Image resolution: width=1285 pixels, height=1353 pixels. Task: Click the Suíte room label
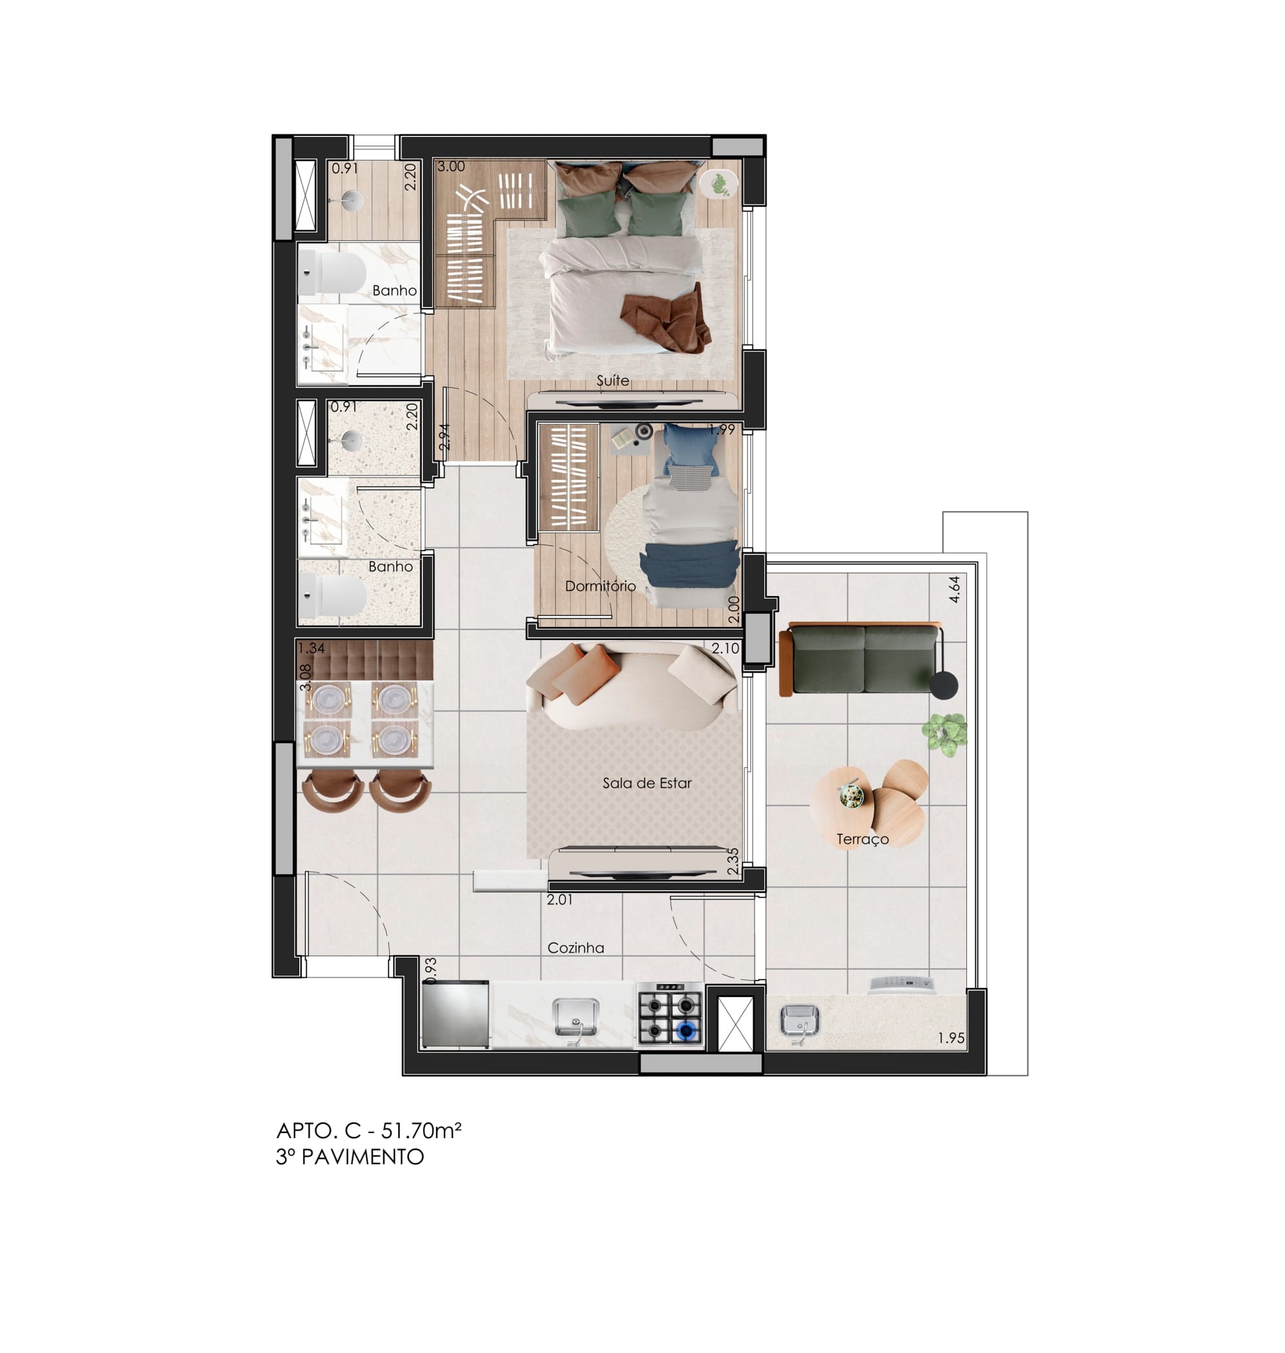[x=612, y=380]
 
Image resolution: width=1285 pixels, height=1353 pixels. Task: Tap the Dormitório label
[x=600, y=586]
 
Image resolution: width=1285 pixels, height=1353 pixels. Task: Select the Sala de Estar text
[x=646, y=783]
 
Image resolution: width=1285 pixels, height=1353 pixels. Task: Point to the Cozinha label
[x=575, y=948]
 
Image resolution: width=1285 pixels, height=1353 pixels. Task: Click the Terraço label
[x=863, y=840]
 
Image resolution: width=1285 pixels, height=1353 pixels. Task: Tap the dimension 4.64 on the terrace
[x=954, y=589]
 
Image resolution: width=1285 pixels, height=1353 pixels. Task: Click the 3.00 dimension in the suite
[x=451, y=167]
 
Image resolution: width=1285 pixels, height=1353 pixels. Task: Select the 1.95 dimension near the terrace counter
[x=951, y=1038]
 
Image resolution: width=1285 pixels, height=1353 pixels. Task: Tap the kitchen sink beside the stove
[x=575, y=1017]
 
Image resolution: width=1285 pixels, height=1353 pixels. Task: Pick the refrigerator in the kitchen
[x=456, y=1015]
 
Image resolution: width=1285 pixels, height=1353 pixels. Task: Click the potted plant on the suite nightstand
[x=718, y=184]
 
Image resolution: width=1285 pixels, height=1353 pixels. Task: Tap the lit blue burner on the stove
[x=686, y=1029]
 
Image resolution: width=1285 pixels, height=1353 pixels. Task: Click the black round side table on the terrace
[x=944, y=686]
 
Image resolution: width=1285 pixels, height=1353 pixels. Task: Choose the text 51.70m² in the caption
[x=421, y=1131]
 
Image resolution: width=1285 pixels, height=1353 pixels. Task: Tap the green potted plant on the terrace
[x=945, y=735]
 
